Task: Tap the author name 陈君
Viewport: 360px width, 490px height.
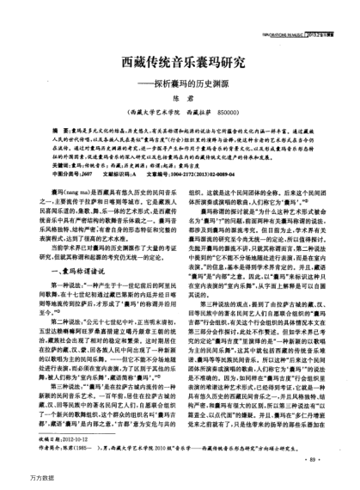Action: [180, 100]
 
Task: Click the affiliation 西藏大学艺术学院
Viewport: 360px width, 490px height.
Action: [154, 112]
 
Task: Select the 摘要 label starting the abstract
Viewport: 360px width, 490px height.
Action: [47, 125]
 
